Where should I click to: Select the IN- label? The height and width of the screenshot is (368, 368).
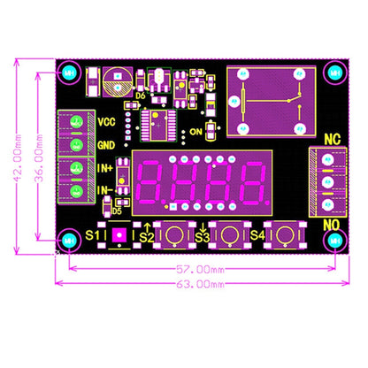[x=104, y=189]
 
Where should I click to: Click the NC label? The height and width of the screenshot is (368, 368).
[x=332, y=139]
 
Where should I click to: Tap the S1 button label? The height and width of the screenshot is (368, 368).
[x=96, y=235]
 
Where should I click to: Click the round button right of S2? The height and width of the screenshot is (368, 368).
[x=175, y=235]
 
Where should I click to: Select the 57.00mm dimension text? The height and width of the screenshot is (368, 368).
[x=199, y=268]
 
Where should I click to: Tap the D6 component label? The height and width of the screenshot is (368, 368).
[x=141, y=96]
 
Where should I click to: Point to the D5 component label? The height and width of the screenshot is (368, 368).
[x=117, y=211]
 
